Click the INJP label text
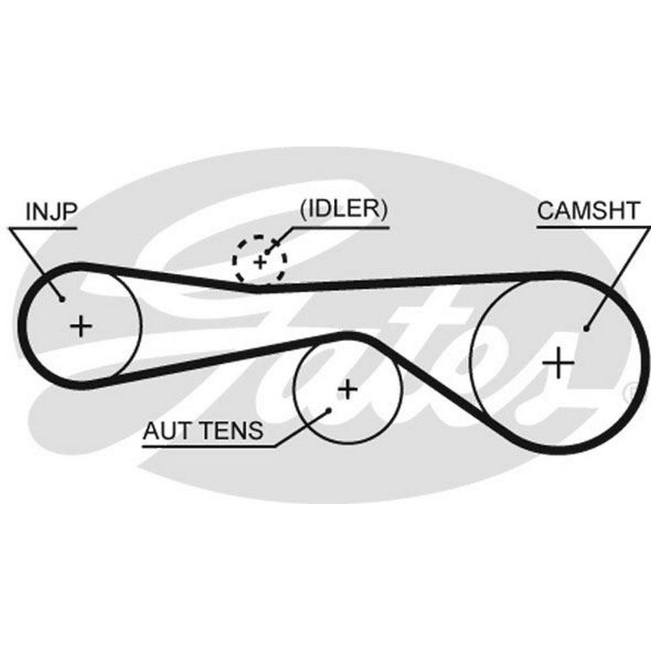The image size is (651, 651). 51,212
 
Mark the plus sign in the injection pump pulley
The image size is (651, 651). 81,324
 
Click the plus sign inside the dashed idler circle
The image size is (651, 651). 260,262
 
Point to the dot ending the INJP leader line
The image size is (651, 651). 62,299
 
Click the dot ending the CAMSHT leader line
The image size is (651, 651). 586,329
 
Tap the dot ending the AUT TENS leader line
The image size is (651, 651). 329,409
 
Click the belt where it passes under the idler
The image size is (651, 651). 260,287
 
